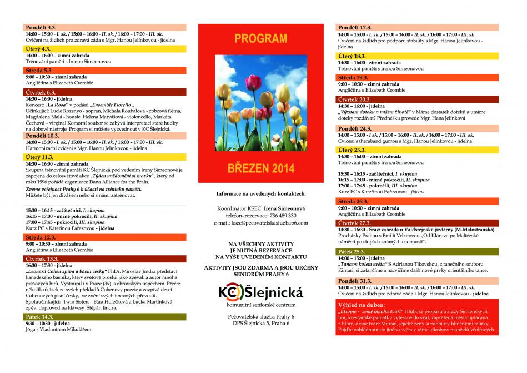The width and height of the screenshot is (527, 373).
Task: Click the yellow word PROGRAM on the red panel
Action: pos(260,39)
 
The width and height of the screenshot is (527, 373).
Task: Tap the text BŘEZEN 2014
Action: pos(260,168)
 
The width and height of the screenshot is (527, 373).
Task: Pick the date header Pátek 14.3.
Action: pos(39,316)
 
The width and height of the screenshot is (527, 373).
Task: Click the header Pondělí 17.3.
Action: pos(355,27)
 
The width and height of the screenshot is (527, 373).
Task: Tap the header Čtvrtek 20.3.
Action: pos(355,99)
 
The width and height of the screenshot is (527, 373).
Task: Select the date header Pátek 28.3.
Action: pos(353,252)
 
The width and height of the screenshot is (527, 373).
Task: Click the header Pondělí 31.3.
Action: pos(355,281)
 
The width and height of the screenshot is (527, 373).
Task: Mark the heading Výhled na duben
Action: pos(362,306)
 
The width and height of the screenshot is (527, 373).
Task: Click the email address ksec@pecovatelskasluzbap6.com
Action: pos(260,222)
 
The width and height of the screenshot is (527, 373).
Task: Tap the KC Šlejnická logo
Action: pos(260,292)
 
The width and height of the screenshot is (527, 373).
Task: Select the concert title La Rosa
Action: pos(58,105)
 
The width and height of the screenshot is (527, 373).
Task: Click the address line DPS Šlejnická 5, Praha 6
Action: pos(260,323)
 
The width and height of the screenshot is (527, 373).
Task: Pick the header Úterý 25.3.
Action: pos(352,150)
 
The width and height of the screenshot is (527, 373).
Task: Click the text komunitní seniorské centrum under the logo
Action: pos(260,305)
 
